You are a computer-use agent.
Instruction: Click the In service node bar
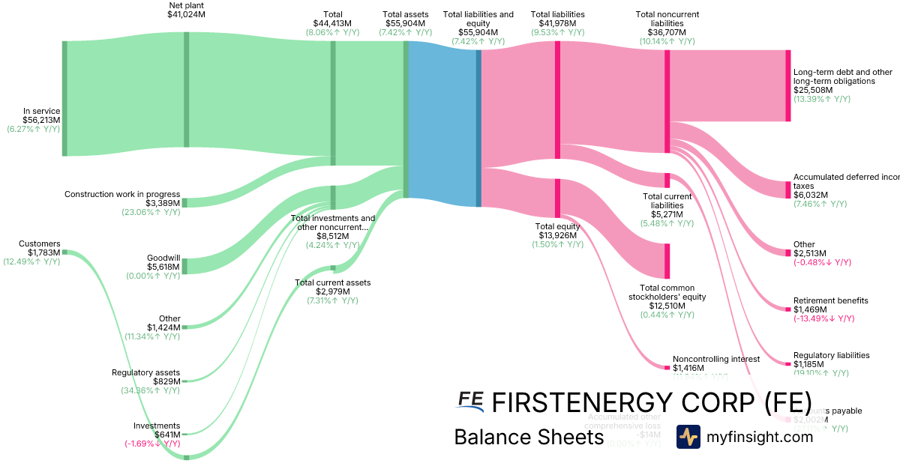click(64, 98)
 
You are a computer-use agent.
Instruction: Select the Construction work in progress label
click(122, 194)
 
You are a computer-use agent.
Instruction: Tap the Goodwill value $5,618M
click(163, 266)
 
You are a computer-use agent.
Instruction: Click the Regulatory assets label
click(145, 372)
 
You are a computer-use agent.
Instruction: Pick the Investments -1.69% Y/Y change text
click(152, 444)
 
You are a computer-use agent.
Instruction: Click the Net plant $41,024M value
click(186, 14)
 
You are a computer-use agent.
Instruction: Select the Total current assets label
click(332, 282)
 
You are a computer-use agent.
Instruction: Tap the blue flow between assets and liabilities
click(442, 124)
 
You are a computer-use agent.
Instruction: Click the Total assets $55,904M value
click(406, 23)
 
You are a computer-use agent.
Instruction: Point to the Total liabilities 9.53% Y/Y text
click(557, 32)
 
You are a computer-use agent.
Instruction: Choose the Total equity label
click(556, 226)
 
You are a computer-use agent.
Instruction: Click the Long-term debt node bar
click(787, 85)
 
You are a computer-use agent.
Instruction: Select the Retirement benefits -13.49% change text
click(823, 318)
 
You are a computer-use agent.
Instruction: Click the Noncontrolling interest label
click(716, 359)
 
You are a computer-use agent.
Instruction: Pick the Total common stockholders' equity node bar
click(667, 261)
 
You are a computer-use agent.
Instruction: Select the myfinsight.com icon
click(688, 437)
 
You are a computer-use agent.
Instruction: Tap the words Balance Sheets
click(529, 437)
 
